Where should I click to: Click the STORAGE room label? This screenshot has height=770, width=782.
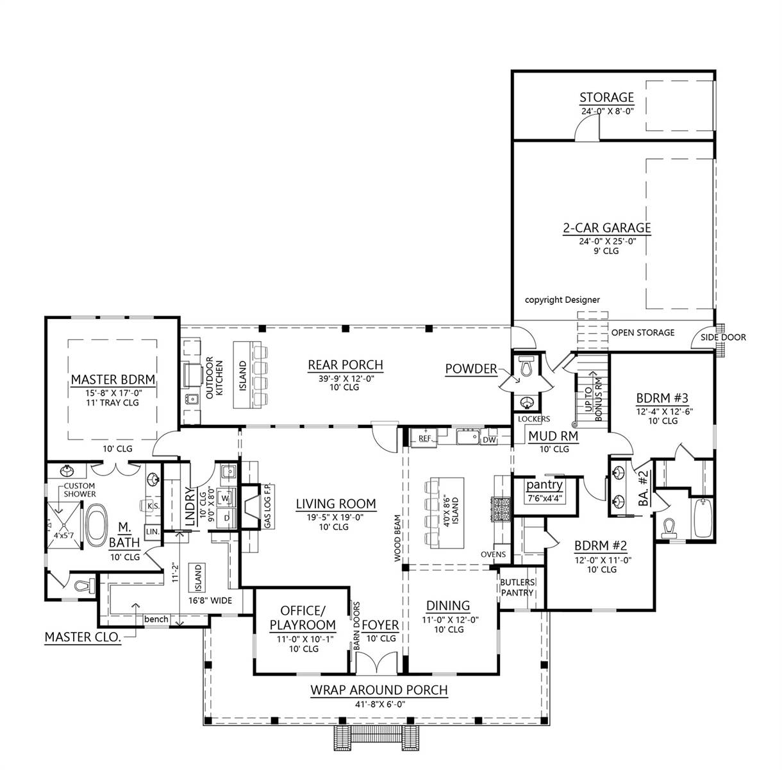(x=606, y=98)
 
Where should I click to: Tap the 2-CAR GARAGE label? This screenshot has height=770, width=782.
(x=606, y=228)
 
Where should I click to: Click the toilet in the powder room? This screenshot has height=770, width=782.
(x=527, y=366)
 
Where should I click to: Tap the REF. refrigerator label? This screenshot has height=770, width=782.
(x=425, y=438)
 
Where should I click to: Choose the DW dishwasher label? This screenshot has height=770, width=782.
(x=490, y=440)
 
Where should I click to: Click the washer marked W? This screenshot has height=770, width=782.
(x=226, y=498)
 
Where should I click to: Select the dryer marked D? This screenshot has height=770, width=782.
(x=226, y=518)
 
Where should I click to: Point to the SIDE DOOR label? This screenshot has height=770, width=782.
(x=723, y=338)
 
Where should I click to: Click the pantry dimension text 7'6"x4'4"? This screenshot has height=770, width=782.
(x=544, y=498)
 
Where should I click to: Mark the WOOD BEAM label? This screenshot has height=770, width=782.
(x=397, y=538)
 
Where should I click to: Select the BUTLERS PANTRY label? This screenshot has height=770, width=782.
(x=517, y=588)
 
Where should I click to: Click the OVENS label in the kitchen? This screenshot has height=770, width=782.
(x=493, y=554)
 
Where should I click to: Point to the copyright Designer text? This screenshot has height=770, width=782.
(x=562, y=300)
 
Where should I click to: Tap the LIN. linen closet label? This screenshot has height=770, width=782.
(x=152, y=531)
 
